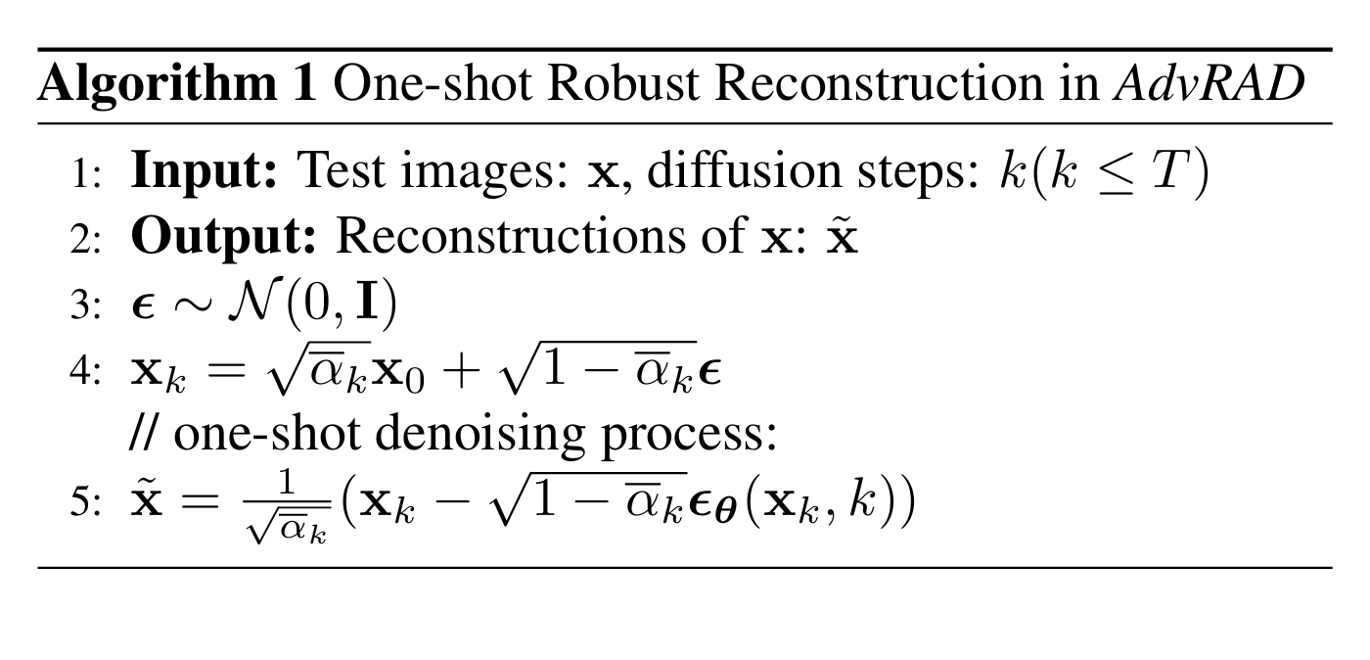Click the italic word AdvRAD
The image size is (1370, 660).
[x=1210, y=83]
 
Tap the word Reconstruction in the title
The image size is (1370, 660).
[x=880, y=83]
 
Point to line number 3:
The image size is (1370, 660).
[x=85, y=305]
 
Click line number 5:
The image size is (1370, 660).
[x=85, y=502]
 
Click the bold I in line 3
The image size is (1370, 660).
[x=367, y=302]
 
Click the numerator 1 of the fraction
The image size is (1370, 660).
[x=286, y=483]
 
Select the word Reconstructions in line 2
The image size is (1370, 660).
[x=511, y=236]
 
